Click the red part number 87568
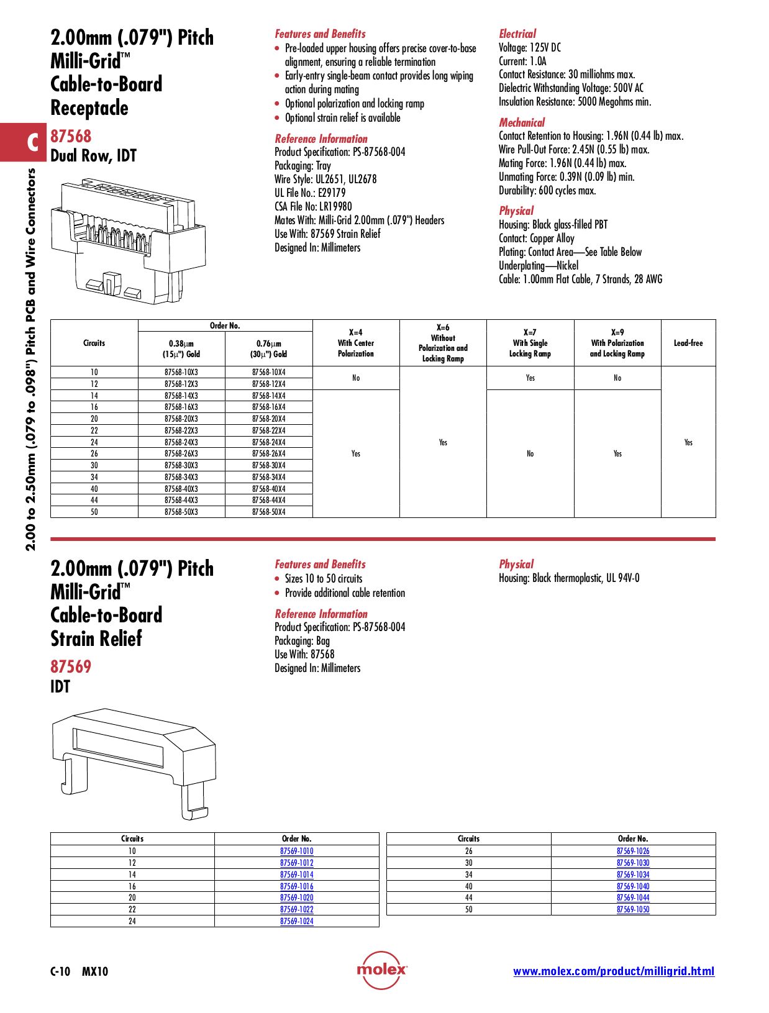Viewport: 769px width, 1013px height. pyautogui.click(x=71, y=136)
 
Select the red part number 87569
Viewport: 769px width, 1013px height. pyautogui.click(x=71, y=666)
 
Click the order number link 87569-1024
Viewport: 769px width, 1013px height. pyautogui.click(x=296, y=921)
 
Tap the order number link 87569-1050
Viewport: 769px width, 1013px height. pyautogui.click(x=632, y=909)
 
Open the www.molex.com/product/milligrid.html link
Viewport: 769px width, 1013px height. pyautogui.click(x=613, y=971)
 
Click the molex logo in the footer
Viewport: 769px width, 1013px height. pyautogui.click(x=381, y=970)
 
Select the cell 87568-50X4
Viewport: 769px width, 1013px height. pyautogui.click(x=268, y=512)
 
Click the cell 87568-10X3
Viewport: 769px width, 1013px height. pyautogui.click(x=181, y=372)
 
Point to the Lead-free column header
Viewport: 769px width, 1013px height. pyautogui.click(x=688, y=343)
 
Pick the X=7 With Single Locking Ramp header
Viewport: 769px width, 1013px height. pyautogui.click(x=530, y=343)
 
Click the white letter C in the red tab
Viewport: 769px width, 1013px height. pyautogui.click(x=33, y=142)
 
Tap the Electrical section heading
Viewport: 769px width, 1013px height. pyautogui.click(x=517, y=34)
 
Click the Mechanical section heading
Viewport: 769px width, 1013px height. pyautogui.click(x=522, y=122)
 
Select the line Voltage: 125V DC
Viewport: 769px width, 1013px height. pyautogui.click(x=529, y=48)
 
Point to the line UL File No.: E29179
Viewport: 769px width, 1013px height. pyautogui.click(x=310, y=193)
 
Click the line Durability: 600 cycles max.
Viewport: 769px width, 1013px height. pyautogui.click(x=547, y=191)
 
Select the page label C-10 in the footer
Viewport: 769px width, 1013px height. pyautogui.click(x=60, y=971)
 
